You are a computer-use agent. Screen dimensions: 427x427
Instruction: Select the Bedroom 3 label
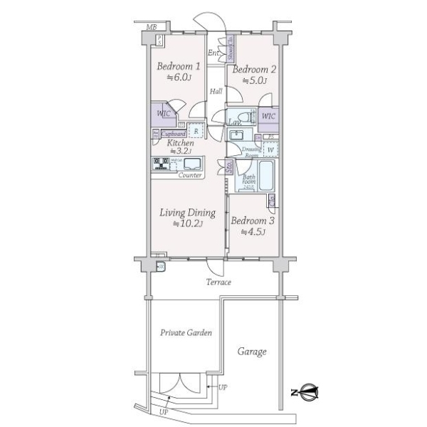[x=253, y=221]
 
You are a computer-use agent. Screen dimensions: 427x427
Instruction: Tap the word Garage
[x=252, y=352]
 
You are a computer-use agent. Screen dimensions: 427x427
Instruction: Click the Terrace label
[x=218, y=283]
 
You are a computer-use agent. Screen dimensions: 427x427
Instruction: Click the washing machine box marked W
[x=270, y=150]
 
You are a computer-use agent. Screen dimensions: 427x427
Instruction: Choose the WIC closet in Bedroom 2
[x=268, y=117]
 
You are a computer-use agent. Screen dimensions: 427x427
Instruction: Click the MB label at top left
[x=150, y=27]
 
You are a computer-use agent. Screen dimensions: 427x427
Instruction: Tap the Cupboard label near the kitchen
[x=174, y=134]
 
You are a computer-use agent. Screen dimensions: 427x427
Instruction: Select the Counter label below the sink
[x=189, y=174]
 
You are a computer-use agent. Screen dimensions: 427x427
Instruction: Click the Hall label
[x=216, y=91]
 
